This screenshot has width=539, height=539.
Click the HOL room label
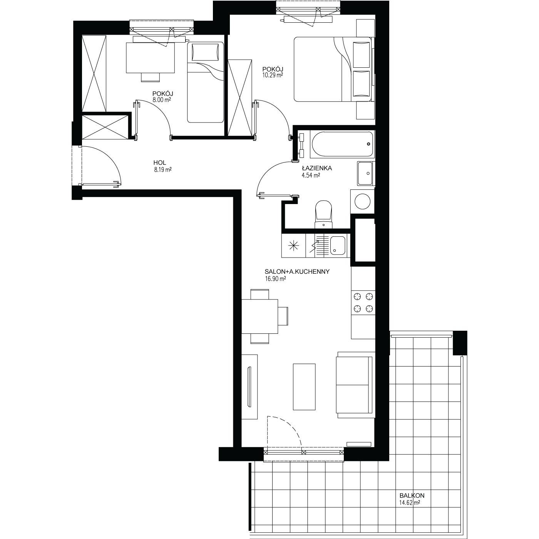click(x=159, y=162)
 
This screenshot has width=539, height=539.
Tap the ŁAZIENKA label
click(x=317, y=168)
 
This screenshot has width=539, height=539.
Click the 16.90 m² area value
click(x=275, y=279)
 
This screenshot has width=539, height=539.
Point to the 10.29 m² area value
click(x=273, y=75)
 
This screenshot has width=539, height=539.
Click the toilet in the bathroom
click(x=324, y=215)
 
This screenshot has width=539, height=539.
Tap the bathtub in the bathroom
click(x=342, y=144)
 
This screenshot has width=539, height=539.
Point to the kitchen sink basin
click(x=338, y=246)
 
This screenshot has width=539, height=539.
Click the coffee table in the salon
click(x=304, y=387)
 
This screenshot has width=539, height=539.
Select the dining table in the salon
click(x=259, y=316)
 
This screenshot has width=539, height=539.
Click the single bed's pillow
click(x=205, y=52)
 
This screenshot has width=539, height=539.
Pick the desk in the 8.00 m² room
click(x=151, y=58)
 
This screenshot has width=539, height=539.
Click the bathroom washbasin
click(x=365, y=173)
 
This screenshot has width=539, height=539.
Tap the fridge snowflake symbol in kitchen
click(x=294, y=246)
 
